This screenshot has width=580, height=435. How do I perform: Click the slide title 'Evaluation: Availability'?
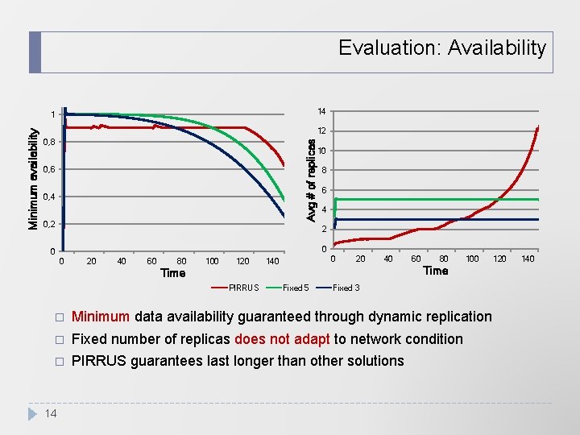(x=441, y=48)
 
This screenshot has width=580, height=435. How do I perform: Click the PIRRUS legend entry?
(x=243, y=288)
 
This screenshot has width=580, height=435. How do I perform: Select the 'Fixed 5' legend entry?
(x=295, y=288)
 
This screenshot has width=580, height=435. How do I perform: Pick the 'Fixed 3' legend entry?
(x=346, y=288)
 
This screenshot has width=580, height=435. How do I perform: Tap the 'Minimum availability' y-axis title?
(x=34, y=176)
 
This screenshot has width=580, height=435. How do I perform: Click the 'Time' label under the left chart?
(x=172, y=273)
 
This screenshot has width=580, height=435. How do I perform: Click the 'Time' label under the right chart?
(x=435, y=271)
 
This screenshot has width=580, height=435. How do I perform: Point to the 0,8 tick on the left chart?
(x=49, y=143)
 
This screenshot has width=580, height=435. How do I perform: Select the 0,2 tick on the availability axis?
(x=49, y=224)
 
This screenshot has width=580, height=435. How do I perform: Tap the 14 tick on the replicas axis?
(x=321, y=111)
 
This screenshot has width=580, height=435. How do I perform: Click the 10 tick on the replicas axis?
(x=321, y=151)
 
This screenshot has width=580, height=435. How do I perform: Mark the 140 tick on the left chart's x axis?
(x=272, y=261)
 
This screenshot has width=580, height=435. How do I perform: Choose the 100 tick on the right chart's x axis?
(x=472, y=259)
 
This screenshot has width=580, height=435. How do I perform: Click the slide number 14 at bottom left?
(x=50, y=413)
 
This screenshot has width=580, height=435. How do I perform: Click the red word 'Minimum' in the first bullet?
(x=101, y=317)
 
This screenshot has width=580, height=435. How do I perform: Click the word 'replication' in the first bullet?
(x=454, y=317)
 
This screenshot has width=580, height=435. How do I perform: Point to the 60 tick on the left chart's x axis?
(x=151, y=261)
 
